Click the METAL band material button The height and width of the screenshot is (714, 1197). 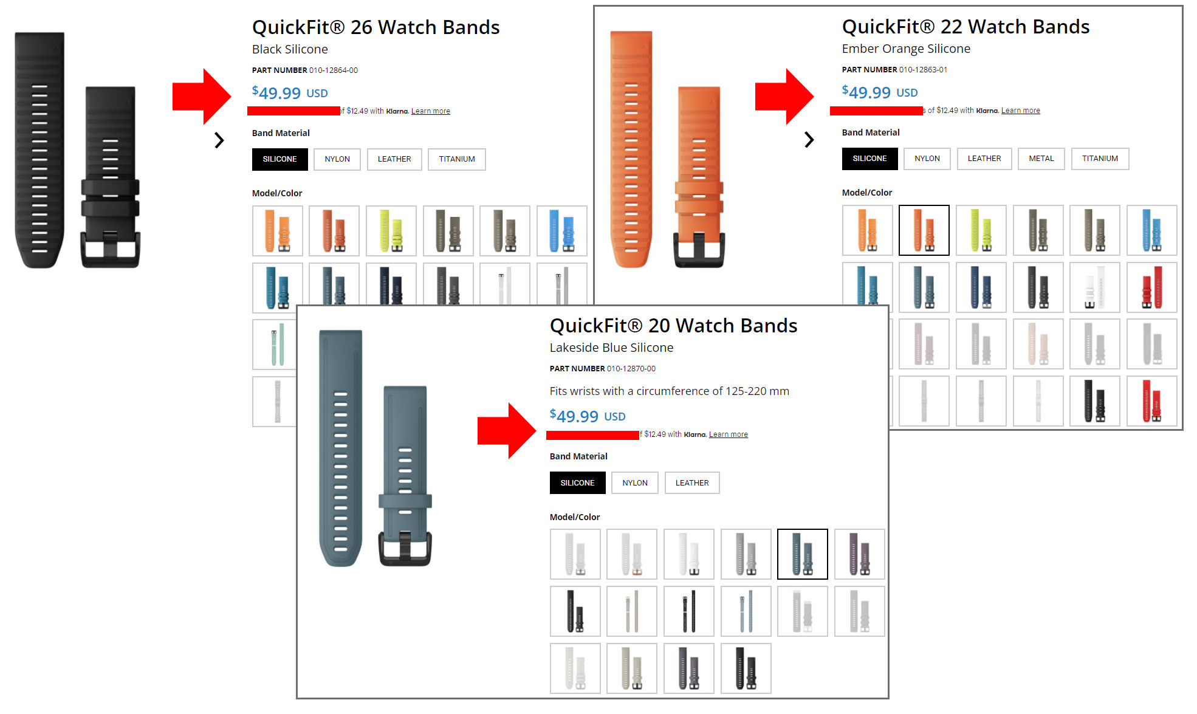(1041, 159)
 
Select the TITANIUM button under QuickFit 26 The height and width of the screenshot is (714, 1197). (456, 159)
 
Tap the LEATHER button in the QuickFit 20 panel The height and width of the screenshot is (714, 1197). (691, 483)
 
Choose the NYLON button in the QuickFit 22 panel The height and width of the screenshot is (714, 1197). (927, 159)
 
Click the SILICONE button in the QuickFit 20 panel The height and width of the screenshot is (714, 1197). (577, 483)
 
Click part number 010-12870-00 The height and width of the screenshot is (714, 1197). (631, 369)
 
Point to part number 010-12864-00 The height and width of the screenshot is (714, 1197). (333, 70)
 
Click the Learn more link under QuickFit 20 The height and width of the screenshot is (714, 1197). (728, 434)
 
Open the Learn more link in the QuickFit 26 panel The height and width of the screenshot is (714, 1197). (430, 111)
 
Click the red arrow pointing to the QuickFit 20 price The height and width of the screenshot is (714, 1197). (506, 430)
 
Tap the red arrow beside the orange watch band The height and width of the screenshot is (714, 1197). (784, 97)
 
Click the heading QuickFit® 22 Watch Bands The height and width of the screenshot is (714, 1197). (965, 27)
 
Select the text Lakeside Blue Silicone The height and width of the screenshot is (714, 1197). (611, 348)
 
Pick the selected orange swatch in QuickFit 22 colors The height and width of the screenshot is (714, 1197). (924, 230)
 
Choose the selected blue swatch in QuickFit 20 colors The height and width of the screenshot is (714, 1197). (802, 554)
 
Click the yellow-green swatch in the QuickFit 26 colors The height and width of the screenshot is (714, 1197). (391, 231)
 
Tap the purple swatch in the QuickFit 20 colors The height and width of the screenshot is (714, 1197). (859, 554)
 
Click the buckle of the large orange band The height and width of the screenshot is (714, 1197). (699, 249)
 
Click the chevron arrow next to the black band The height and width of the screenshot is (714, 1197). (219, 140)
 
